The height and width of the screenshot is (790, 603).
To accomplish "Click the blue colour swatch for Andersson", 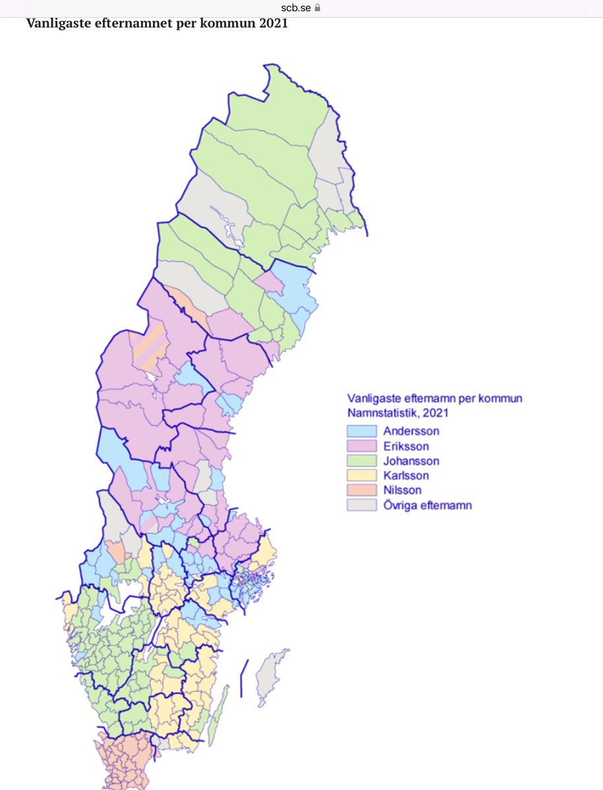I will pos(362,431).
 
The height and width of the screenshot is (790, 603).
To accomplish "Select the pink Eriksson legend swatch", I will pos(362,446).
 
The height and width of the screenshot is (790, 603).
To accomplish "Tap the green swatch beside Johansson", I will pos(362,461).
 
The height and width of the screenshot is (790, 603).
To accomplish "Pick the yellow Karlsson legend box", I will pos(362,476).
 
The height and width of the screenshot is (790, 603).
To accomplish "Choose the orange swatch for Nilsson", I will pos(362,490).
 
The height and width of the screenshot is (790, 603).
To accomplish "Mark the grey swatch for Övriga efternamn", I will pos(362,506).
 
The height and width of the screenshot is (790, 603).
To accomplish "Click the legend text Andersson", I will pos(411,432).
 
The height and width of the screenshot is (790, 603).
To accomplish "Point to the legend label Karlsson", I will pos(407,476).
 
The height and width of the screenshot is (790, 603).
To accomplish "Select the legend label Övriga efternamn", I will pos(428,506).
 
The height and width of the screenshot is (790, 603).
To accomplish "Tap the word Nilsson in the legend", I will pos(402,490).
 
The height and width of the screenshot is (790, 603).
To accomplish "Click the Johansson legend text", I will pos(412,461).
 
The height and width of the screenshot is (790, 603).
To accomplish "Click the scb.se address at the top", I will pos(297,8).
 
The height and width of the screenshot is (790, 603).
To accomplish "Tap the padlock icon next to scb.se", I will pos(318,8).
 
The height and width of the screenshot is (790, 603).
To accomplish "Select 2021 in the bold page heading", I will pos(273,24).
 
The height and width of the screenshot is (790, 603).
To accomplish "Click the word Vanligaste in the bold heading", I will pos(56,24).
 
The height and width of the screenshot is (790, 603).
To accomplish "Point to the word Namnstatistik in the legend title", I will pos(382,413).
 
